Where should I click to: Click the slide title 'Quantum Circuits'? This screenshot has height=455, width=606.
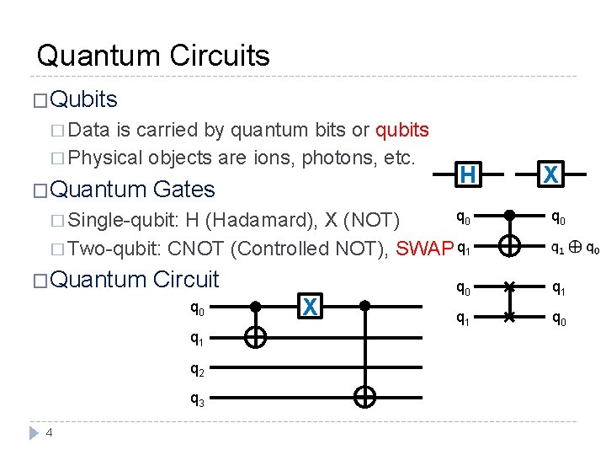coord(153,56)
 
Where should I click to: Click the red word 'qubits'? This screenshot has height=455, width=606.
coord(402,131)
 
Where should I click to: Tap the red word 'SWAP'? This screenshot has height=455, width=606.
coord(424,249)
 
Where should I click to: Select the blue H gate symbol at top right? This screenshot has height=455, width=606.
coord(468,174)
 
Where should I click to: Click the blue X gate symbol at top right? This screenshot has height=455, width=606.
coord(550,174)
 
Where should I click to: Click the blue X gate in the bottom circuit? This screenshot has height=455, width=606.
coord(310,308)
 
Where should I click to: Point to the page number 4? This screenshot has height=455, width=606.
coord(50,433)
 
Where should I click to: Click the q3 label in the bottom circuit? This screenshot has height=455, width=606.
coord(196,399)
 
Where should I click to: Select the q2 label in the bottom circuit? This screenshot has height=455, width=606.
coord(196,369)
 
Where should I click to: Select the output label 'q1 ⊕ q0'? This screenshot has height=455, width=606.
coord(575,249)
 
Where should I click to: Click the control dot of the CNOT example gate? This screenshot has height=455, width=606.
coord(509,217)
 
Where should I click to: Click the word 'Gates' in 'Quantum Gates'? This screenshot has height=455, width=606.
coord(184,190)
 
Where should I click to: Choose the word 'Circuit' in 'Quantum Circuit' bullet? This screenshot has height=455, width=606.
coord(186,279)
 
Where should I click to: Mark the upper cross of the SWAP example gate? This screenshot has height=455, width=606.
coord(508,288)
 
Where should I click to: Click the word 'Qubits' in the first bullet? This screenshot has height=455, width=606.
coord(83,99)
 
